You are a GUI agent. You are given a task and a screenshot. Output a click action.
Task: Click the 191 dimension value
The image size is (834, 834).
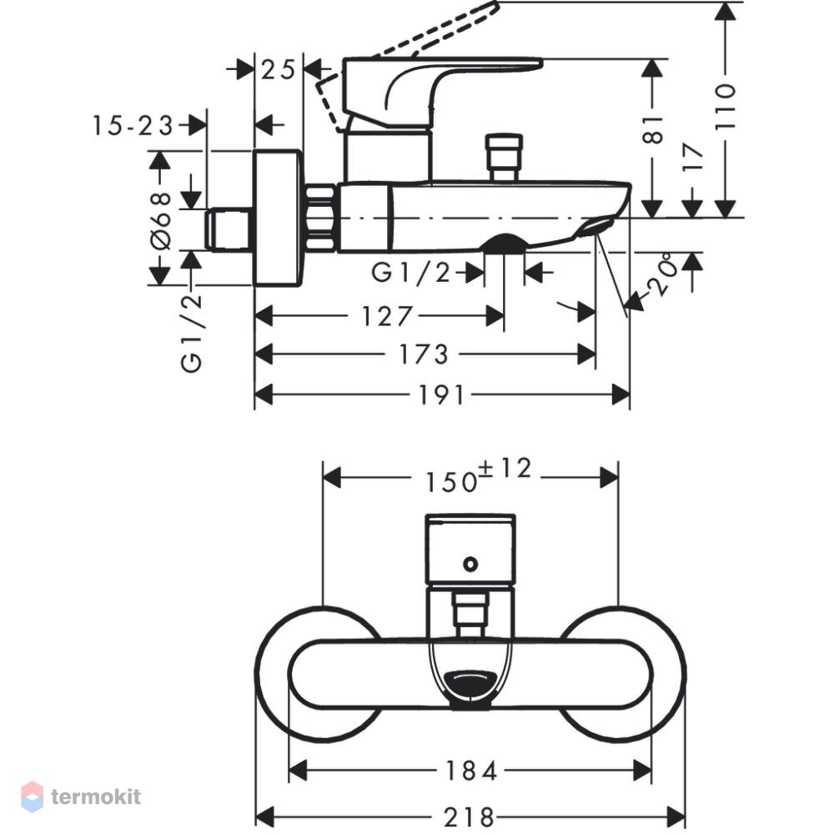pos(441,395)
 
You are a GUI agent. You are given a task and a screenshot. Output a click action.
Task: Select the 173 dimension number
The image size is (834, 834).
pos(424,354)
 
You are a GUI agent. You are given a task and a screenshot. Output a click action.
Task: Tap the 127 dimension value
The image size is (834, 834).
pos(387,316)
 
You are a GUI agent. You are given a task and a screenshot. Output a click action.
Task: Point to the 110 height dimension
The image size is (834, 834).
pos(725,106)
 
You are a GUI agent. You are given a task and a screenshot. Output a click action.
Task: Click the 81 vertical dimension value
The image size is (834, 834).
pos(653,130)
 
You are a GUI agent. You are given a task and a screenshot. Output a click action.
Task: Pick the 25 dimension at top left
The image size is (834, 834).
pos(278,70)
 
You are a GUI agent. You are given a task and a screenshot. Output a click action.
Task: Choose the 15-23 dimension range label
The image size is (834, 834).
pos(133,126)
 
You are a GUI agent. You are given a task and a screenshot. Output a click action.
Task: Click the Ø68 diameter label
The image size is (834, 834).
pos(161,220)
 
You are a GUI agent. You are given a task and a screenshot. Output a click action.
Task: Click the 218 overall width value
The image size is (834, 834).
pos(469,817)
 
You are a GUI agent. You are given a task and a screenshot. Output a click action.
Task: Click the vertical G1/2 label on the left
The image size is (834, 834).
pos(192,334)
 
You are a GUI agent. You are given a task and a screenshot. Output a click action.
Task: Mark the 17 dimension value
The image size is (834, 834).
pos(692,157)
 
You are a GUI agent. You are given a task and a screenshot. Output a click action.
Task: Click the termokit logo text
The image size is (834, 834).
pos(96,796)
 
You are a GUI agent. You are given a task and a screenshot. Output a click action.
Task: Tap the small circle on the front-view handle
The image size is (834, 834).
pos(470,564)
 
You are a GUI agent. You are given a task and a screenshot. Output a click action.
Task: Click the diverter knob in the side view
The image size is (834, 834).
pos(505,158)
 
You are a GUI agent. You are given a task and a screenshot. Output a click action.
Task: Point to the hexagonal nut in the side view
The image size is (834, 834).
pos(321,217)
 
